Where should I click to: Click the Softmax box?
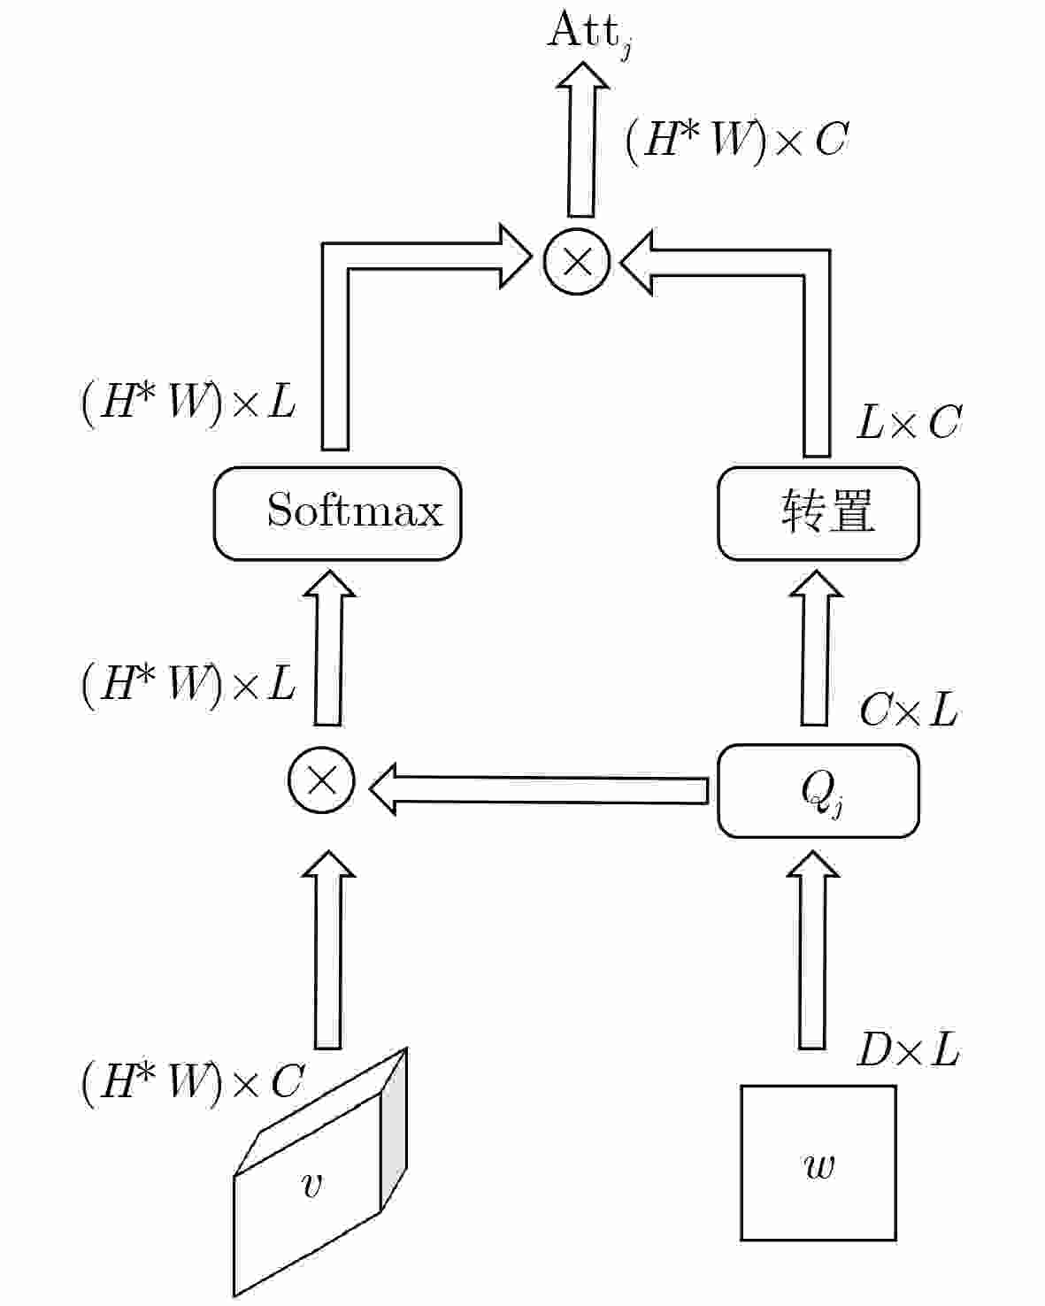[337, 513]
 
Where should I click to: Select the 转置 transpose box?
[818, 513]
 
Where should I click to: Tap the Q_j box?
[818, 790]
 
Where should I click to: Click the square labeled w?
[818, 1163]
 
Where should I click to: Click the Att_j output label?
[588, 34]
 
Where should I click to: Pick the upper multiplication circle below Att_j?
[577, 260]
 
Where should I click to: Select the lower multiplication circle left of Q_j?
[321, 780]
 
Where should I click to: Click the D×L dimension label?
[908, 1051]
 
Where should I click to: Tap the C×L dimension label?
[908, 710]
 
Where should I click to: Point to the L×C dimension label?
[908, 423]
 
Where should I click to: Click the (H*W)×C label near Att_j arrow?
[736, 140]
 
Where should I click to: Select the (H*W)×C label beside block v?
[193, 1081]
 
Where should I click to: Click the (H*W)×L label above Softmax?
[188, 403]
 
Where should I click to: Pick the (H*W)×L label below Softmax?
[188, 683]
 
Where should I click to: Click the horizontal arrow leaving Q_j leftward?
[540, 789]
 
